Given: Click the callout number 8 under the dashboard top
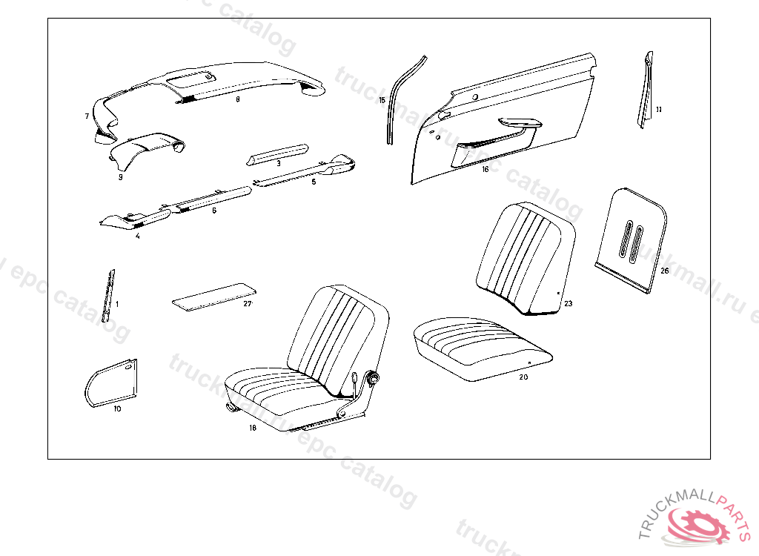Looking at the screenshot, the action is pos(237,99).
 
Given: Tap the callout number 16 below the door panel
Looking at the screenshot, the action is pos(485,169).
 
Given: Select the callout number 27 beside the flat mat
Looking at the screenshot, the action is pos(248,304).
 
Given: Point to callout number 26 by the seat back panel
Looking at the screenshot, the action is pos(664,271).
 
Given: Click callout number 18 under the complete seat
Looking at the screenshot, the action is pos(253,427).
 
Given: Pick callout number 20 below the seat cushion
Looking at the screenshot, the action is pos(523,377).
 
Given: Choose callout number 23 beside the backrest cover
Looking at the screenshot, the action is pos(568,303).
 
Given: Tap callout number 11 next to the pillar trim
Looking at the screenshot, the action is pos(658,109).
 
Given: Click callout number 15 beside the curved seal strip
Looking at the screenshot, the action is pos(382,99).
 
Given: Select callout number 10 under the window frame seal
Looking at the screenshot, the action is pos(117,408).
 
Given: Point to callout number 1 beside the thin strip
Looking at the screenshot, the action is pos(116,304).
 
